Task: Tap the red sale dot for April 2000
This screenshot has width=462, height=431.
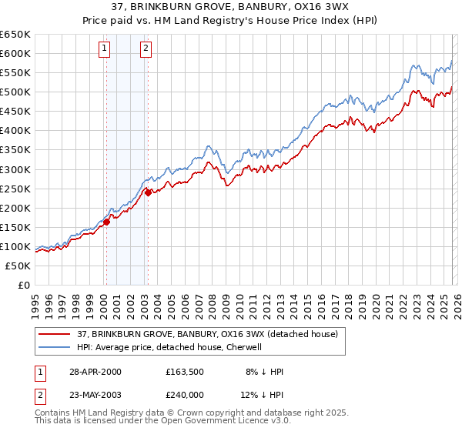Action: pyautogui.click(x=106, y=222)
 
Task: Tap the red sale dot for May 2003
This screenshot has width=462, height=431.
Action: pyautogui.click(x=148, y=192)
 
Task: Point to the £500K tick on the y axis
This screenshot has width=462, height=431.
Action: pyautogui.click(x=15, y=92)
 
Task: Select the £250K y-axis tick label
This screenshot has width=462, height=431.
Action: pyautogui.click(x=15, y=189)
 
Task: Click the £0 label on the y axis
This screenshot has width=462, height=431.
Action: pyautogui.click(x=24, y=285)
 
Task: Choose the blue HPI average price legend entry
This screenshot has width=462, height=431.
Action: pyautogui.click(x=169, y=347)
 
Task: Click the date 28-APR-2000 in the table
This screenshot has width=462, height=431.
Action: pyautogui.click(x=95, y=372)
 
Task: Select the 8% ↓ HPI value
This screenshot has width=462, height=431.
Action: pyautogui.click(x=266, y=372)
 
